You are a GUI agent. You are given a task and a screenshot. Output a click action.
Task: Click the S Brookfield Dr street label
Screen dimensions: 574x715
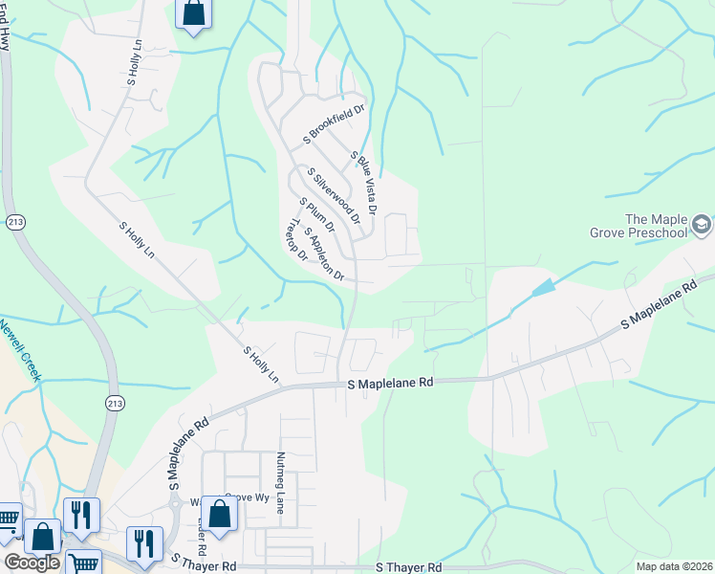click(335, 124)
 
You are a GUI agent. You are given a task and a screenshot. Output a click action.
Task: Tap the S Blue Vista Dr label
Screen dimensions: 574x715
click(365, 182)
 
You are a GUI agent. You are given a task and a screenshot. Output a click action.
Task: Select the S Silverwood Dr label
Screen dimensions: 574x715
click(334, 196)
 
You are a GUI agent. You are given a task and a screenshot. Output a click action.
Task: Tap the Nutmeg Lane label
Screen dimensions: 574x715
click(281, 483)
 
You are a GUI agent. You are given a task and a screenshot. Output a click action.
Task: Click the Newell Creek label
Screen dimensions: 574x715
click(21, 349)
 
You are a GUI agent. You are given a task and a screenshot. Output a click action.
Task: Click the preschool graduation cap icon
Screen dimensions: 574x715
click(701, 226)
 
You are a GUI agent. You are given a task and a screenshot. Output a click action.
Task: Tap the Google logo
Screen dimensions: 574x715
click(32, 563)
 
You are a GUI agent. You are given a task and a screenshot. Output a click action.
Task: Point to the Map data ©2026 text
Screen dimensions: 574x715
click(674, 566)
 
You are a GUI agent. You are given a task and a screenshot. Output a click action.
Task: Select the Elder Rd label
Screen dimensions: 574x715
click(202, 536)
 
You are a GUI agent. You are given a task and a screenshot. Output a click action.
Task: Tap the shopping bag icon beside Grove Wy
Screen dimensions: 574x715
click(220, 513)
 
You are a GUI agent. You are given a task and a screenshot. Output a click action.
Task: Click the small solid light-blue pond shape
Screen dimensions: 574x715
click(543, 286)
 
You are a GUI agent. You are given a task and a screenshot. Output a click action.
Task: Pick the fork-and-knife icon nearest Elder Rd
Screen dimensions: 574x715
click(145, 543)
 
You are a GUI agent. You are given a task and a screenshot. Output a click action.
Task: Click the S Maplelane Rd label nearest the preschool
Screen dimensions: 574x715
click(660, 307)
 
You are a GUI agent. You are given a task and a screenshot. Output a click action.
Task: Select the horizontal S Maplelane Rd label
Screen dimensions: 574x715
click(390, 382)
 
